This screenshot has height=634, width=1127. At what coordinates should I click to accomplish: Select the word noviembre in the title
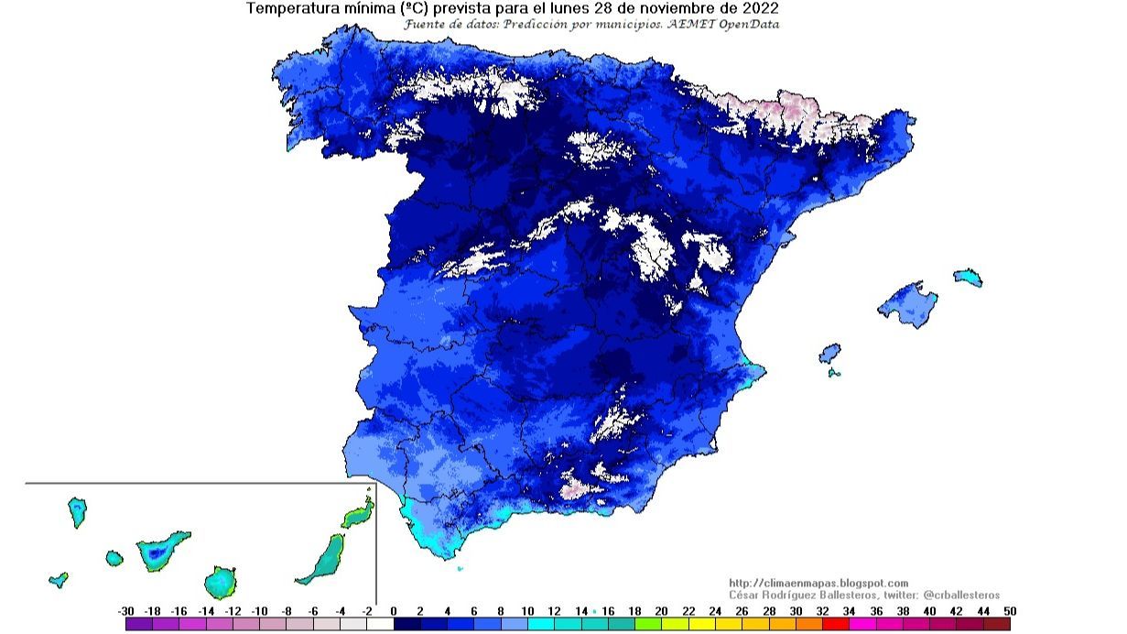668,8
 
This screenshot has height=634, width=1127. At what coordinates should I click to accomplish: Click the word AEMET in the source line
698,24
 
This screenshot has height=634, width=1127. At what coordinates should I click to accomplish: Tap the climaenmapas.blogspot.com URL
818,583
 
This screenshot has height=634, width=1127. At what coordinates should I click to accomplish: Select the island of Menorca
968,277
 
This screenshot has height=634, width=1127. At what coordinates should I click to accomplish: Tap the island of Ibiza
829,354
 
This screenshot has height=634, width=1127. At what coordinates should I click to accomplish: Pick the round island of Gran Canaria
219,581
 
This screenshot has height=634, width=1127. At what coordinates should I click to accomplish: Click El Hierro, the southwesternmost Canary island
59,579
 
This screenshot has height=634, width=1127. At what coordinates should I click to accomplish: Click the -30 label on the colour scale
126,611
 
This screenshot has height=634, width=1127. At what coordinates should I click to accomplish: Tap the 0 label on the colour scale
394,611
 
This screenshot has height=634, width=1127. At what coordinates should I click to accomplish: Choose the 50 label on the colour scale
1009,611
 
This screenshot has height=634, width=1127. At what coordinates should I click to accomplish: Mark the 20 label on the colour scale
661,611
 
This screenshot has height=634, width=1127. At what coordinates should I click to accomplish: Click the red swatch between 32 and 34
836,624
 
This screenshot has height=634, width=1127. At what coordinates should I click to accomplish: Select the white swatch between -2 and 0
380,624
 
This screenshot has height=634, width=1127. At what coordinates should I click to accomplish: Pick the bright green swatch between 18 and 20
648,624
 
